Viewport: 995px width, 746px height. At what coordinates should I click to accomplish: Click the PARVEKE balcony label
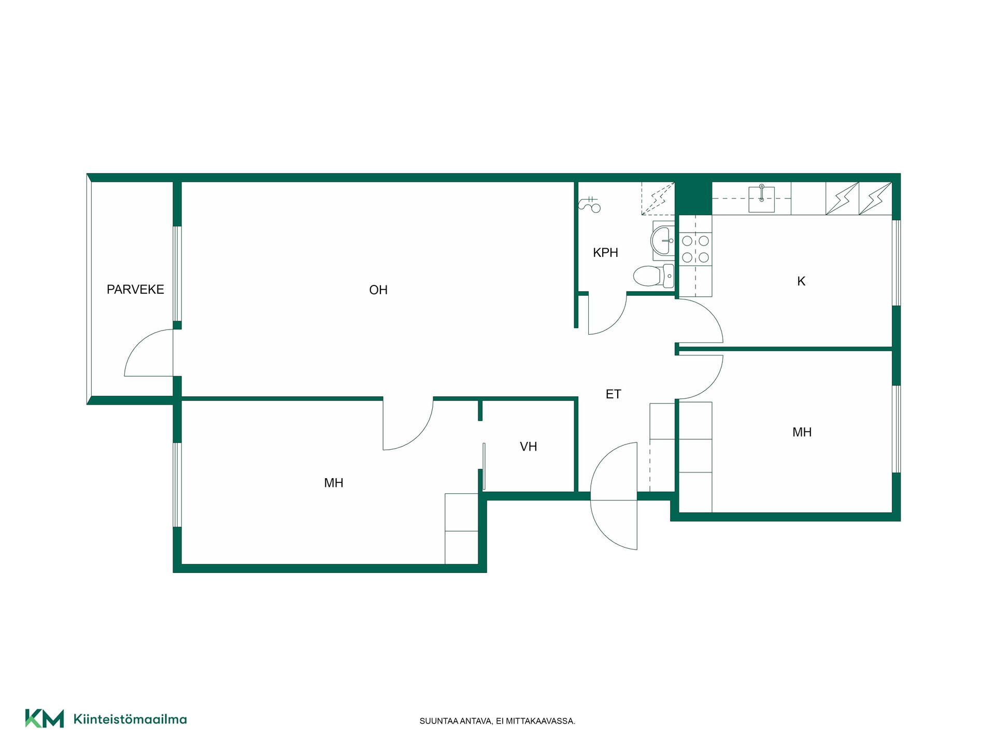(x=135, y=290)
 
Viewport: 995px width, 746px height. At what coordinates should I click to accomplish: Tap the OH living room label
(x=378, y=290)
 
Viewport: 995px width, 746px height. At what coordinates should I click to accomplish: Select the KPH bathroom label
(x=605, y=253)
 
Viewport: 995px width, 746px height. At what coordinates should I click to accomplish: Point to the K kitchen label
(x=801, y=281)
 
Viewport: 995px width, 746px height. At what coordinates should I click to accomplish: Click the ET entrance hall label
(x=613, y=394)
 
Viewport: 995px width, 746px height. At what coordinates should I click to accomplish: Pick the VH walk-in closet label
(x=529, y=447)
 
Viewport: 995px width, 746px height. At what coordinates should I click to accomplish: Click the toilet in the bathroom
(x=653, y=276)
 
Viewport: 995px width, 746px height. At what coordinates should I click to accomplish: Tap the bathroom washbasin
(x=663, y=240)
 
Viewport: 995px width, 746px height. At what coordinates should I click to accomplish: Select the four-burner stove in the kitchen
(x=695, y=249)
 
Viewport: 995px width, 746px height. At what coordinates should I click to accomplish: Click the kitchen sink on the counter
(x=762, y=199)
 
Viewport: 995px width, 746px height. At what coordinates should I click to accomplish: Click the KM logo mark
(x=45, y=718)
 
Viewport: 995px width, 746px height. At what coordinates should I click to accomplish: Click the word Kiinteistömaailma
(x=130, y=719)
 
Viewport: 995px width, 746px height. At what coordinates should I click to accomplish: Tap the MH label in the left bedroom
(x=334, y=483)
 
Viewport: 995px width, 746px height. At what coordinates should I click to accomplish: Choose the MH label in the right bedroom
(x=802, y=432)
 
